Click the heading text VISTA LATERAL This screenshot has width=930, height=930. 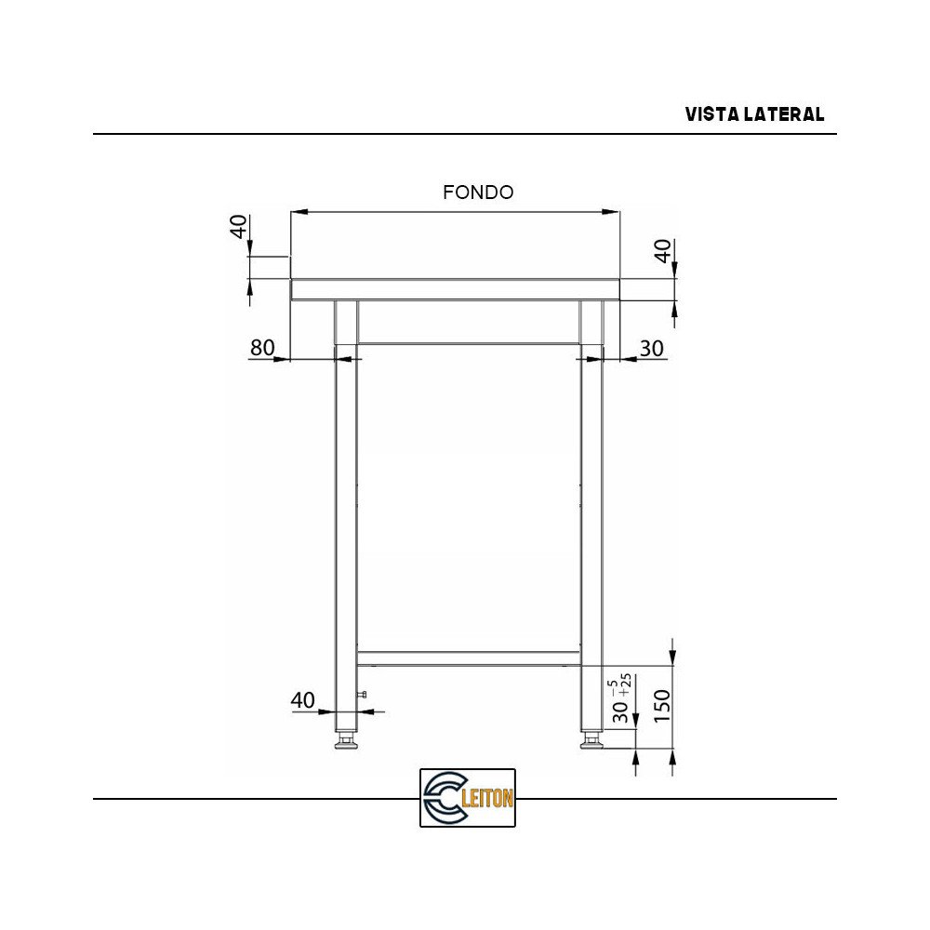[754, 114]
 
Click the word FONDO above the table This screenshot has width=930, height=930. [478, 193]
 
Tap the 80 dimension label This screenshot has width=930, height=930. [262, 348]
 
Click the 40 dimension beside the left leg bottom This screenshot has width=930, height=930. [303, 700]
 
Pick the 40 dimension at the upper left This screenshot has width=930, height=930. [239, 226]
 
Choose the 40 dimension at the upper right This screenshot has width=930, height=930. [663, 251]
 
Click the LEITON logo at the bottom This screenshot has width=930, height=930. [468, 797]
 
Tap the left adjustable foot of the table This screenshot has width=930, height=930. [346, 741]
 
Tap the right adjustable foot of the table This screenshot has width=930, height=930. [591, 741]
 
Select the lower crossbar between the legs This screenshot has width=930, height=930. [468, 658]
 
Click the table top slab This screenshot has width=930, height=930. [455, 289]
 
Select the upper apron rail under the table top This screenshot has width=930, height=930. [468, 322]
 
